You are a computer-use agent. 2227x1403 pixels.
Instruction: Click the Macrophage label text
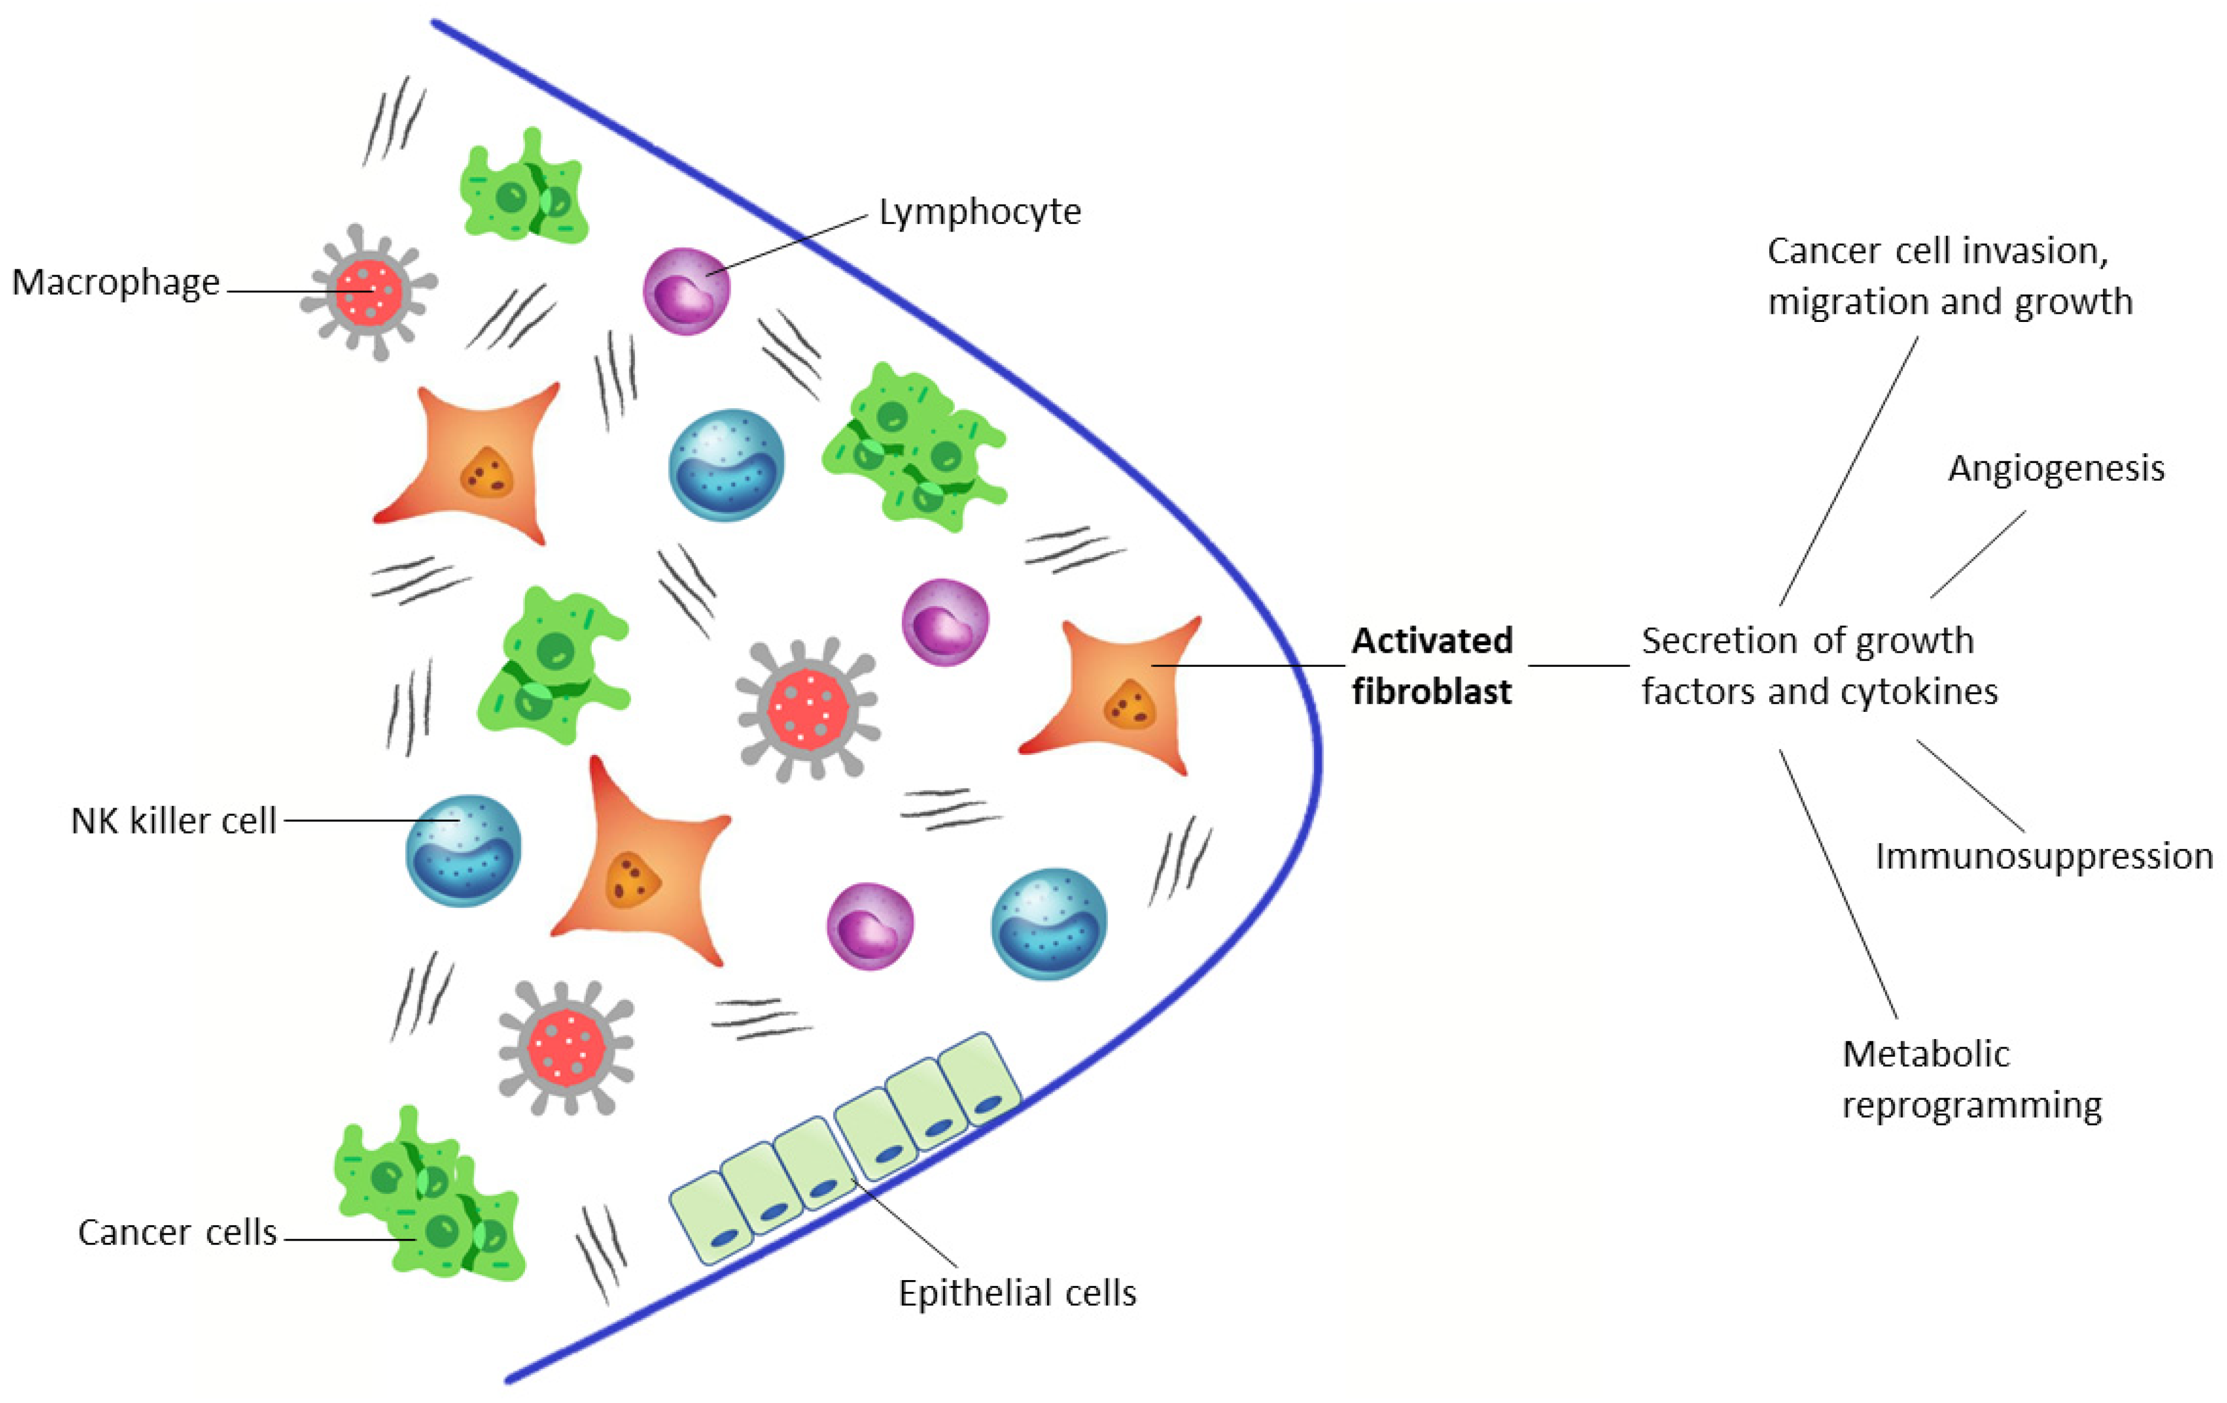point(116,282)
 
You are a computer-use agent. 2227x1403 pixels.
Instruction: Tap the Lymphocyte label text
point(979,213)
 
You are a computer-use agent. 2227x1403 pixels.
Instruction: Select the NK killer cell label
point(174,821)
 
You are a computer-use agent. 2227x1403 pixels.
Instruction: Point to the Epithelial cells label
point(1018,1293)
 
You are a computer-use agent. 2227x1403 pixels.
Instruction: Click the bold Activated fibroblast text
point(1432,666)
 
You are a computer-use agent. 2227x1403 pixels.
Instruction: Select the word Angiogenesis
point(2056,469)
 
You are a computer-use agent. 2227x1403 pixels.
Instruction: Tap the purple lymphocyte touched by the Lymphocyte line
point(686,291)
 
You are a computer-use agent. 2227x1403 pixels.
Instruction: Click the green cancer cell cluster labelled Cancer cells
point(430,1197)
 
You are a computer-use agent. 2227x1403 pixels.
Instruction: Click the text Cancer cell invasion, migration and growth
point(1949,276)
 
